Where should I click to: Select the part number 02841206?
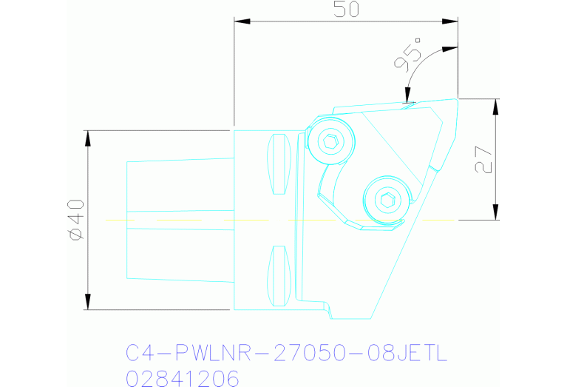tap(183, 378)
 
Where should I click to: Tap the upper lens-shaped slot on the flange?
tap(279, 164)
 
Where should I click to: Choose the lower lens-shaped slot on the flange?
tap(279, 275)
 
